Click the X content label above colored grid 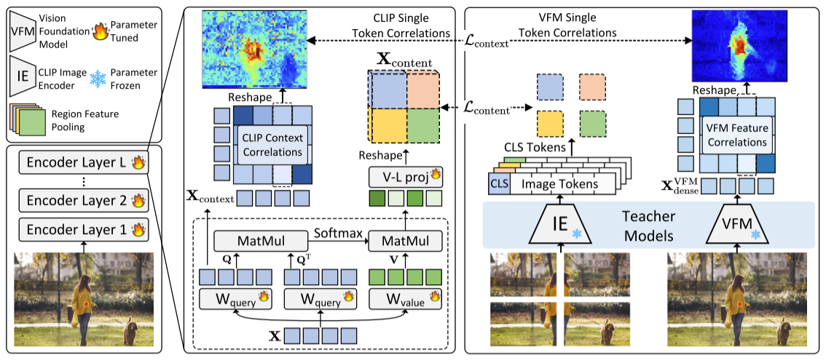point(404,60)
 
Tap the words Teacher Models point(650,226)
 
